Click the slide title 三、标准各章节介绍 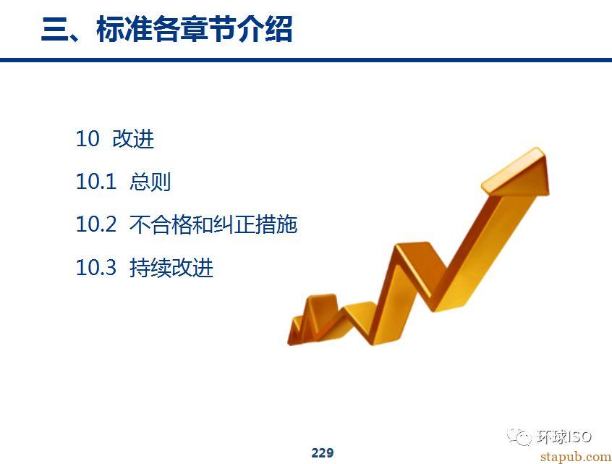(166, 29)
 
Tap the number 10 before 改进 (88, 139)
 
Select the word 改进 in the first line (133, 139)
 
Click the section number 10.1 (96, 182)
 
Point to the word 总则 (150, 182)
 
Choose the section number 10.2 (96, 224)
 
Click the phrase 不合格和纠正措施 (213, 224)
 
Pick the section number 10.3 (96, 268)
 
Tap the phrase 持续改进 (171, 268)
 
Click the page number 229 (323, 452)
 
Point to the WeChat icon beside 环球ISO (519, 436)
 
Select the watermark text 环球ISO (564, 436)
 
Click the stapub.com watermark (576, 457)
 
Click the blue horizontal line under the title (306, 60)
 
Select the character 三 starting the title (54, 29)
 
